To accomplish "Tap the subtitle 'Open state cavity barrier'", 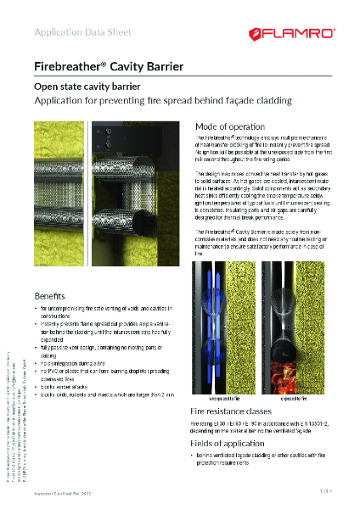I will [x=86, y=87].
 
